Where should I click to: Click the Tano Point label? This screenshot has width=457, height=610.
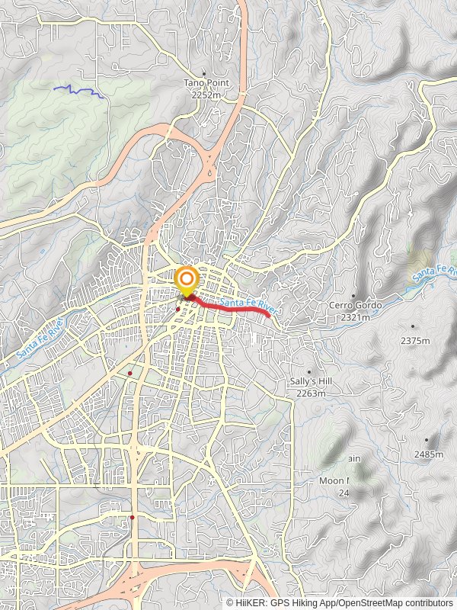click(202, 82)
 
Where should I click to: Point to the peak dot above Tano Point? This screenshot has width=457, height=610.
click(203, 73)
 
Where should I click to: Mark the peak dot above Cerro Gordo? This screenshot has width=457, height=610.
click(353, 295)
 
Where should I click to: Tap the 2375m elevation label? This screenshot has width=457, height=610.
click(414, 341)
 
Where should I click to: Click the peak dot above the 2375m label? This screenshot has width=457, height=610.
click(413, 326)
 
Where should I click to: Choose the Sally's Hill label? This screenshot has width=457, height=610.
click(310, 382)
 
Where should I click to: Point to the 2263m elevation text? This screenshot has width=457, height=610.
click(311, 393)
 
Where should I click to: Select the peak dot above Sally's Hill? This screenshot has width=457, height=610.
click(309, 371)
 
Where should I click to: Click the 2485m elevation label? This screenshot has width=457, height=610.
click(429, 454)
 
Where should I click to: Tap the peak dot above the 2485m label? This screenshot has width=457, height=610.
click(427, 439)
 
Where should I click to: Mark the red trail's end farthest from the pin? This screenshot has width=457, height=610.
click(270, 314)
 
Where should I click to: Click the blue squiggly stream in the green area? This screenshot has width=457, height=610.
click(78, 91)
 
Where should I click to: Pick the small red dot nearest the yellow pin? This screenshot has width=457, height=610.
click(177, 310)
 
